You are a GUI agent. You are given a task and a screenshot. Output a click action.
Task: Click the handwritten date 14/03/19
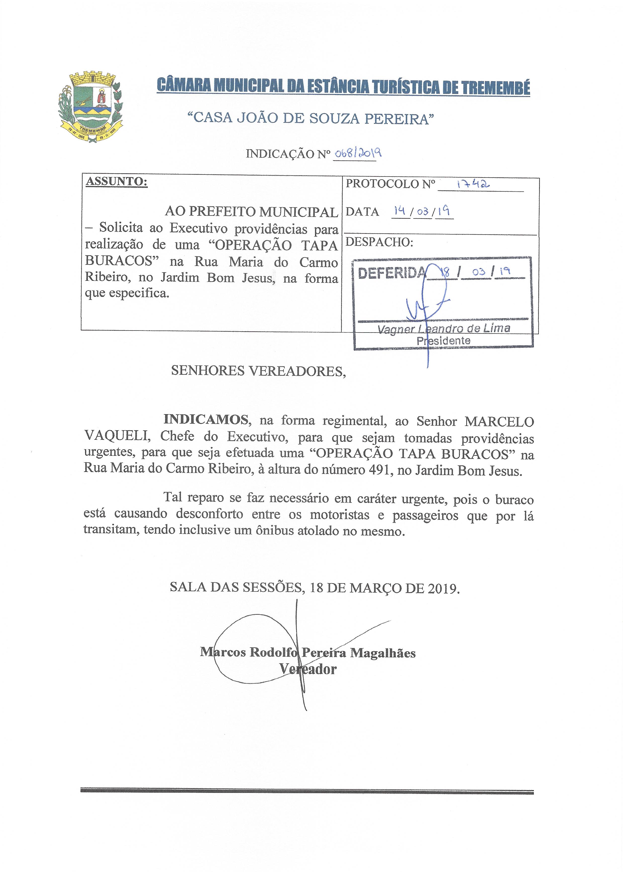(422, 211)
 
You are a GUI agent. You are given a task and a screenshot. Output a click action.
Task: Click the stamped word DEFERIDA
(391, 273)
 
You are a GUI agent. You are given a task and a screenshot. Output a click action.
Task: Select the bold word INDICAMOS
(206, 420)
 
